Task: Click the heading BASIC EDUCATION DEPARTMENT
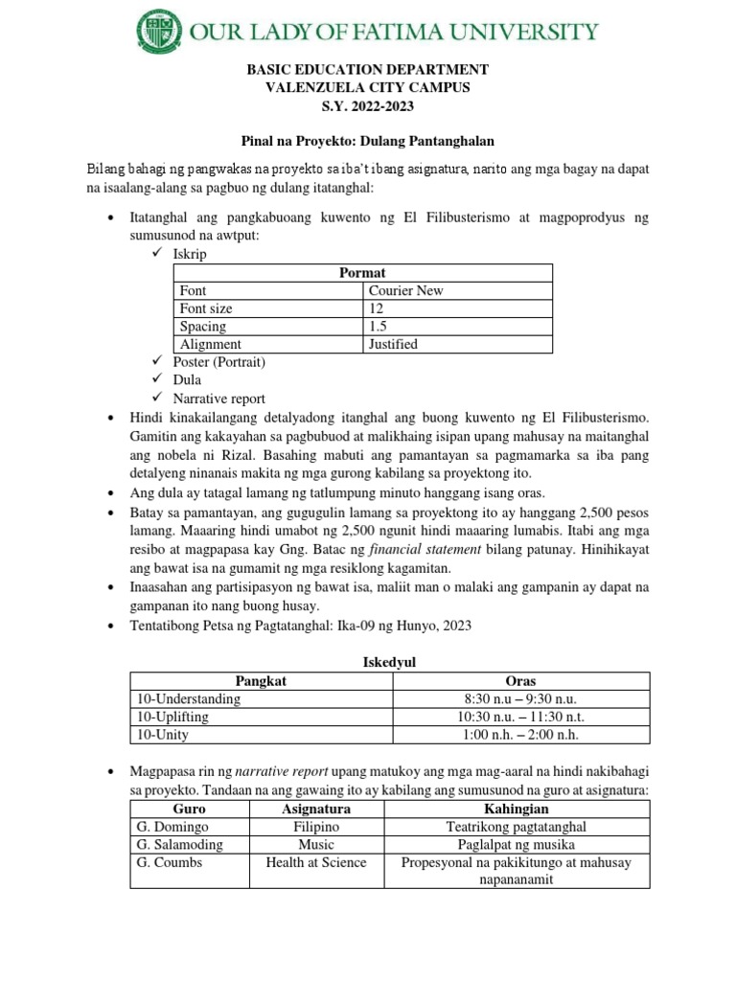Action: point(368,70)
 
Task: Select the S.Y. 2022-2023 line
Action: point(368,105)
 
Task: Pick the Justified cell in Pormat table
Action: point(394,344)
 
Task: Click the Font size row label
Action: point(206,308)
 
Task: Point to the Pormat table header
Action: point(363,273)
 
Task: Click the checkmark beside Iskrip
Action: point(157,254)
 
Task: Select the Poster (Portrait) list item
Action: point(218,362)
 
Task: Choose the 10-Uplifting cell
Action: point(173,717)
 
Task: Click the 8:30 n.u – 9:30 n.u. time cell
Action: point(519,698)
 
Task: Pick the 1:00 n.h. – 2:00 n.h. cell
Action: point(519,735)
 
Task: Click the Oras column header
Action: point(519,680)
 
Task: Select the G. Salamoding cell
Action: point(180,844)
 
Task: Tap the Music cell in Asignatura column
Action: point(316,844)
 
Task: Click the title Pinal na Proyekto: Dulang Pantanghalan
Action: point(368,141)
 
